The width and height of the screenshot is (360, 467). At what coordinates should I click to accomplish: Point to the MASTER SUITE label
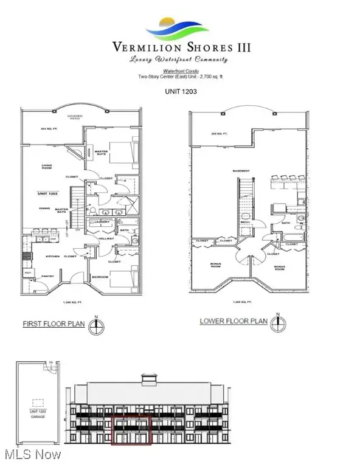point(100,153)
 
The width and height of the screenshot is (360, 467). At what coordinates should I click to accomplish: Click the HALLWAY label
point(106,238)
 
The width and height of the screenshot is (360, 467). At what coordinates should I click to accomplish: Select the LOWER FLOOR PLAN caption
point(234,321)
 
